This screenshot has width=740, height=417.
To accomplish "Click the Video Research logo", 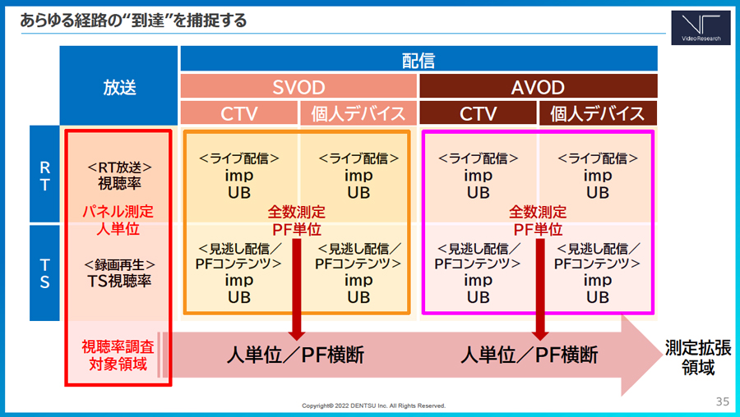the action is [701, 28].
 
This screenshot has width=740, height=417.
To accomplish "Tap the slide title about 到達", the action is [133, 21].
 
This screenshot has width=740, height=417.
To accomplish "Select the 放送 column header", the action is [119, 86].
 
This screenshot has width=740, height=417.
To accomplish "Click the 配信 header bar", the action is [419, 59].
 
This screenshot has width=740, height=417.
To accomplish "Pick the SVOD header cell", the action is [298, 86].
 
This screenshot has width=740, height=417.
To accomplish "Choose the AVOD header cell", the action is [538, 86].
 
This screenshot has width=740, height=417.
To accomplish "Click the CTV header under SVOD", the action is [239, 113].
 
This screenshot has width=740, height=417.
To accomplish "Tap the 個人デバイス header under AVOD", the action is [598, 113].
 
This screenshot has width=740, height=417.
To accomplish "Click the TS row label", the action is [45, 273].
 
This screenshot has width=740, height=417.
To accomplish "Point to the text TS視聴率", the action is [119, 282].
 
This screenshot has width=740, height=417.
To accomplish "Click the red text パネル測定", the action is [118, 211].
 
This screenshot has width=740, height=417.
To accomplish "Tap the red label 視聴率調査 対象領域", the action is [118, 355].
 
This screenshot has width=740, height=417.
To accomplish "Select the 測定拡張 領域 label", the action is [698, 358].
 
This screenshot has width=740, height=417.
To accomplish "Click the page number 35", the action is [723, 401].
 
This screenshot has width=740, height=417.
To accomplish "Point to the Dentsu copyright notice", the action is [374, 406].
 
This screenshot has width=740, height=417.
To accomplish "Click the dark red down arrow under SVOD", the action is [297, 289].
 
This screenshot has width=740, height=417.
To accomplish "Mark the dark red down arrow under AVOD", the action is [540, 289].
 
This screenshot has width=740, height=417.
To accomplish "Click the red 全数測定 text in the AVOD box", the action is [538, 212].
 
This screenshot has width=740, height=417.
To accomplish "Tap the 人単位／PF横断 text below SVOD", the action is [295, 355].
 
